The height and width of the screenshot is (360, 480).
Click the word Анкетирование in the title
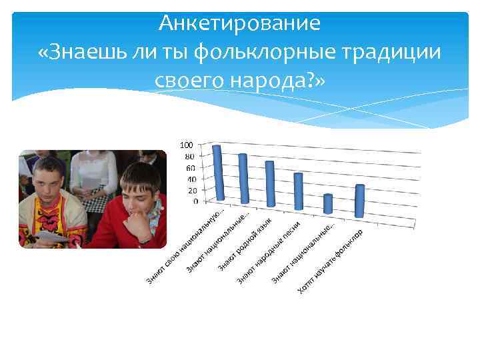pos(240,23)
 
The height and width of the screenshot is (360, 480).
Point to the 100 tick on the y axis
pos(188,145)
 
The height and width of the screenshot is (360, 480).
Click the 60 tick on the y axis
pos(190,168)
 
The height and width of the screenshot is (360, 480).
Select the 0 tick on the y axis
pos(194,201)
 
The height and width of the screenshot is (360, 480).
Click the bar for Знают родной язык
pos(270,184)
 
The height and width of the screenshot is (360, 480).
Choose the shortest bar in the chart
pos(327,203)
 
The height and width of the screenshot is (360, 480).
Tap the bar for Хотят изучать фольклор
pos(360,200)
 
